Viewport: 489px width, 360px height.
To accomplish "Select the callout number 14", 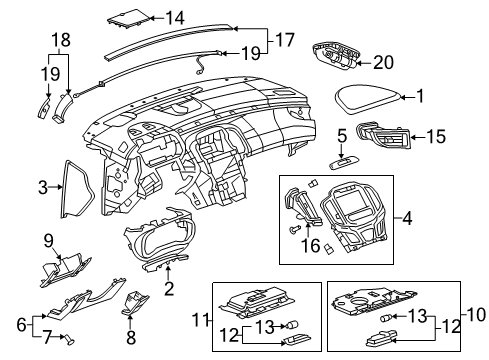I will pyautogui.click(x=175, y=17).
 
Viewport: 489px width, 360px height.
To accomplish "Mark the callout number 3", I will pyautogui.click(x=44, y=186).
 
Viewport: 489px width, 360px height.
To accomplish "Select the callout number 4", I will pyautogui.click(x=408, y=215).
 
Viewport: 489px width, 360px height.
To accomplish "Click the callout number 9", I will pyautogui.click(x=46, y=239).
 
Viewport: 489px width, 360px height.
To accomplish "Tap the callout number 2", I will pyautogui.click(x=169, y=290).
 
